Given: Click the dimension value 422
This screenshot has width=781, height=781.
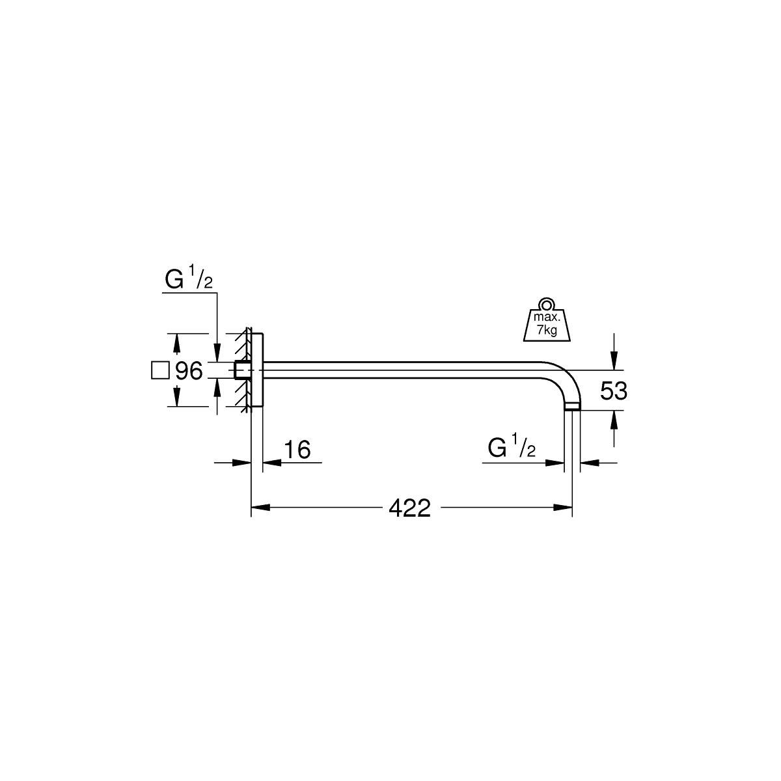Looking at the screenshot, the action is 409,508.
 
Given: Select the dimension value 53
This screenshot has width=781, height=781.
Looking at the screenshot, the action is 614,390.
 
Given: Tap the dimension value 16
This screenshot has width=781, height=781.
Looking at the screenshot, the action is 297,449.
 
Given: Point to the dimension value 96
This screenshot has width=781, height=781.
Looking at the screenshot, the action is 189,370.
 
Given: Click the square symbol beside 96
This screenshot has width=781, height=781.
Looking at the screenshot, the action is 160,370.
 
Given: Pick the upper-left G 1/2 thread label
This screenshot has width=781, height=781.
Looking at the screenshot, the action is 189,280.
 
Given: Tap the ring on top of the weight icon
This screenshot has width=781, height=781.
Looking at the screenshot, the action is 547,305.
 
